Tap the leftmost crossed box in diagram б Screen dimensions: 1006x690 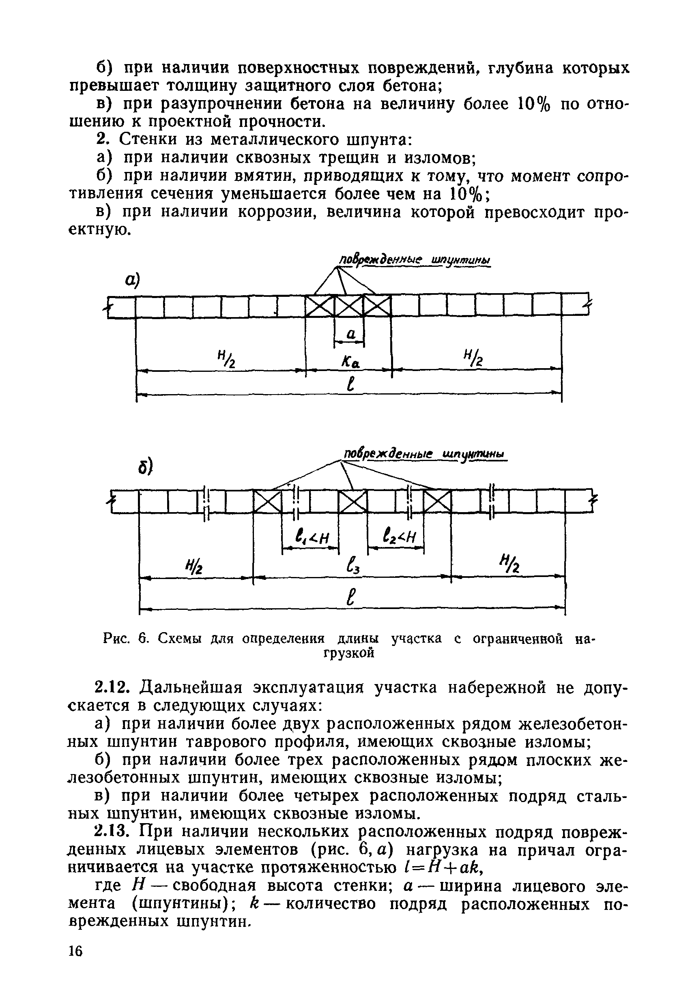click(x=267, y=502)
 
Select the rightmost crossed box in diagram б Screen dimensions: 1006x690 click(x=437, y=502)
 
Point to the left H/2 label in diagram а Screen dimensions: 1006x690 click(x=225, y=359)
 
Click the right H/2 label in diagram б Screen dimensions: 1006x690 click(x=509, y=564)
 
